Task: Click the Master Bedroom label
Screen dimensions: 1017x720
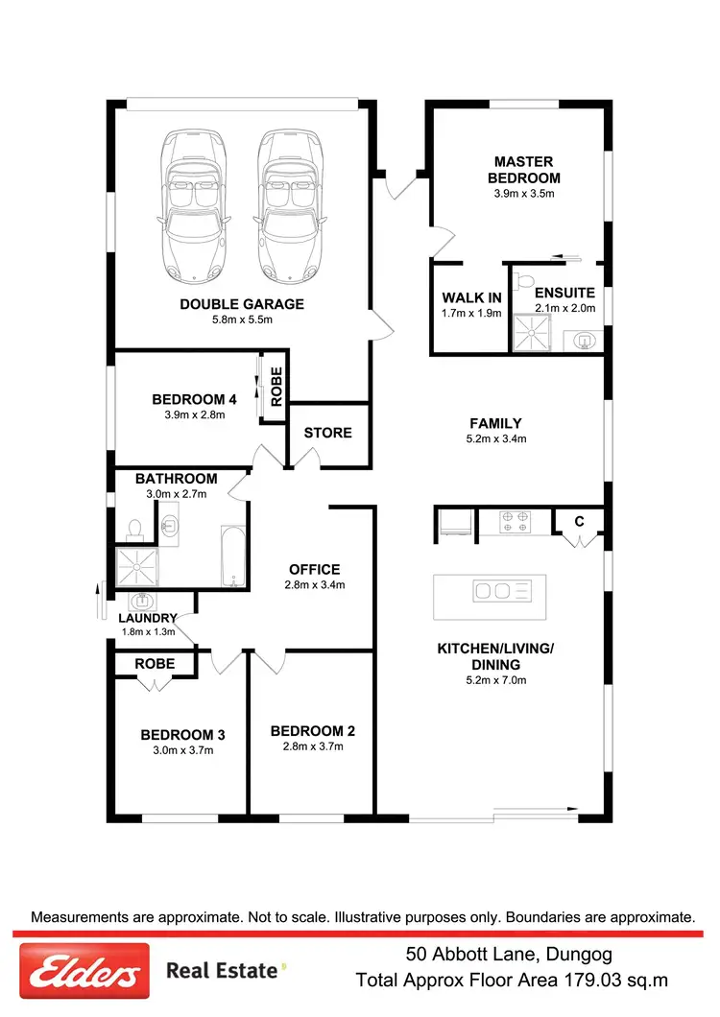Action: pyautogui.click(x=524, y=170)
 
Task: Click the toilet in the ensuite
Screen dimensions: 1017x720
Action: pyautogui.click(x=522, y=280)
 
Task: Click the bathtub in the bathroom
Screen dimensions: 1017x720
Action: pyautogui.click(x=233, y=556)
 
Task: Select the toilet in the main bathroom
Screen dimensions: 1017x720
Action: pyautogui.click(x=134, y=528)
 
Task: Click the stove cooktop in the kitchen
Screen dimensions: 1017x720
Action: pyautogui.click(x=515, y=522)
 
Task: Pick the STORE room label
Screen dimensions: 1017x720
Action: pyautogui.click(x=328, y=433)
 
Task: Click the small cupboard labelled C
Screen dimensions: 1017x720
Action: pyautogui.click(x=579, y=522)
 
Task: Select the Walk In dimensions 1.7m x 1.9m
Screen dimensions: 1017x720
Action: pyautogui.click(x=471, y=313)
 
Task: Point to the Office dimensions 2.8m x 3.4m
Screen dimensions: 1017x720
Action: pyautogui.click(x=315, y=584)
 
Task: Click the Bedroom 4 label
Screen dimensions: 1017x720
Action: pyautogui.click(x=194, y=400)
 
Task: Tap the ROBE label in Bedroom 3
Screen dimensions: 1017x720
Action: pyautogui.click(x=155, y=663)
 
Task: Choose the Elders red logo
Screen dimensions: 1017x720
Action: pyautogui.click(x=84, y=971)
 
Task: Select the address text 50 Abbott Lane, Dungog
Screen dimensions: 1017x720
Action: pyautogui.click(x=507, y=955)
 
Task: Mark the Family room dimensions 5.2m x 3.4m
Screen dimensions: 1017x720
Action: pyautogui.click(x=495, y=438)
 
